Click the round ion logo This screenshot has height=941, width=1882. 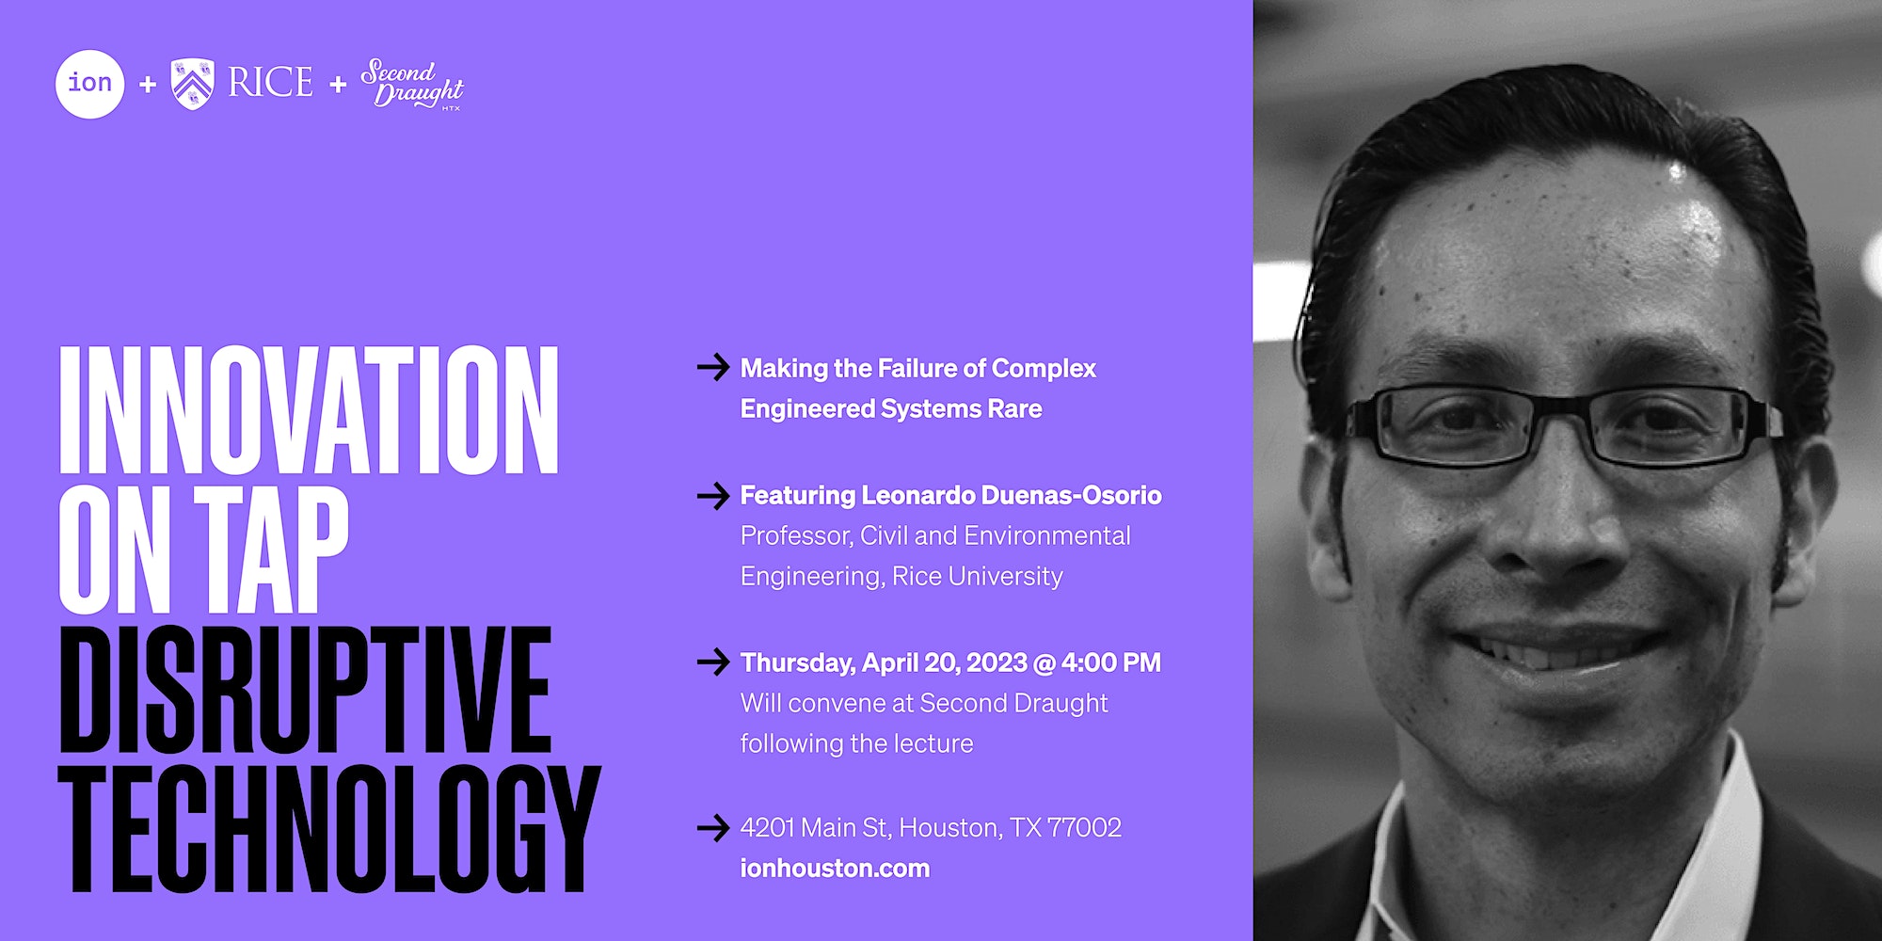click(x=90, y=84)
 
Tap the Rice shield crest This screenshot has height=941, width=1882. click(x=193, y=84)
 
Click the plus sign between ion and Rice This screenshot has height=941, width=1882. click(x=148, y=85)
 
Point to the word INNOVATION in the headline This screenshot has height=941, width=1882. click(x=310, y=409)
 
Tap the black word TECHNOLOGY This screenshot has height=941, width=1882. click(x=329, y=828)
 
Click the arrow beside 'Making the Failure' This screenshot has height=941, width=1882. click(x=713, y=367)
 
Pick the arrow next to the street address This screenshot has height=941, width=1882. click(x=713, y=827)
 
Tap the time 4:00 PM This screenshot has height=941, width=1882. click(x=1111, y=662)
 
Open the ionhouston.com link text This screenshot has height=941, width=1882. click(x=835, y=868)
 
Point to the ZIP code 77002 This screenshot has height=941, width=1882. click(x=1084, y=827)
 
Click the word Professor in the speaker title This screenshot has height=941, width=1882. click(x=797, y=535)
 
